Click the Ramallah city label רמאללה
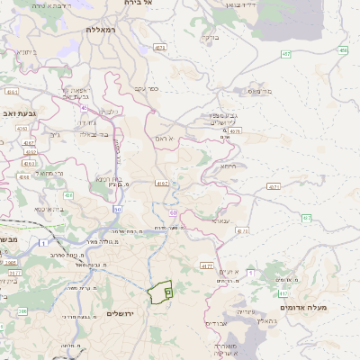coord(103,29)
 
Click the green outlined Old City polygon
coord(160,292)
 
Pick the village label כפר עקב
coord(146,88)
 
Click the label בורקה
coord(210,38)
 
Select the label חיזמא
coord(228,165)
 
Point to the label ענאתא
coord(220,220)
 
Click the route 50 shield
coord(117,209)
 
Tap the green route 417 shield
coord(283,292)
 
